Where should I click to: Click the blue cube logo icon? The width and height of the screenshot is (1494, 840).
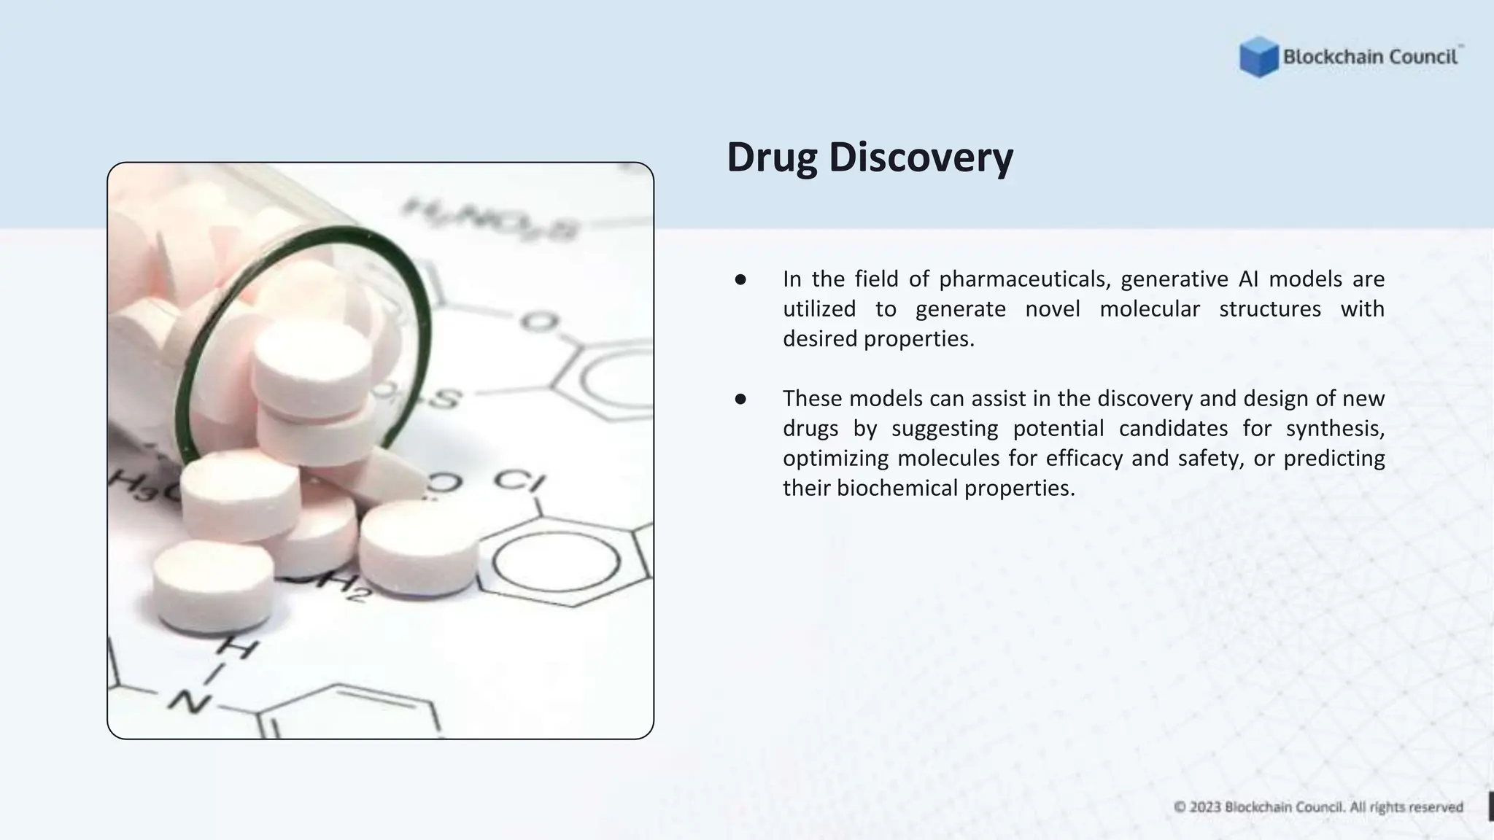click(x=1258, y=57)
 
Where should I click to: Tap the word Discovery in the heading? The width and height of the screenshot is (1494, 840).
click(x=921, y=157)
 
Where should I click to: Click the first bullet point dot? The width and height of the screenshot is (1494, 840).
click(x=740, y=279)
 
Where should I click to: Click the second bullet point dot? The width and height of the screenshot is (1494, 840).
click(x=740, y=399)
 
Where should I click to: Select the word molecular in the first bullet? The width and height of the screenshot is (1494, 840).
click(x=1149, y=309)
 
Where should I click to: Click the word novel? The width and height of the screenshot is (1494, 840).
click(x=1052, y=309)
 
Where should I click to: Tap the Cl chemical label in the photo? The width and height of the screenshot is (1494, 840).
click(x=519, y=482)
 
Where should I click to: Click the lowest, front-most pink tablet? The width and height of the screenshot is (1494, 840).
click(x=213, y=583)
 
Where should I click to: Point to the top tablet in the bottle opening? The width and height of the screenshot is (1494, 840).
click(x=312, y=361)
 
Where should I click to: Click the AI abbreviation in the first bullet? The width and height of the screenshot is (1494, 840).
click(x=1248, y=279)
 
